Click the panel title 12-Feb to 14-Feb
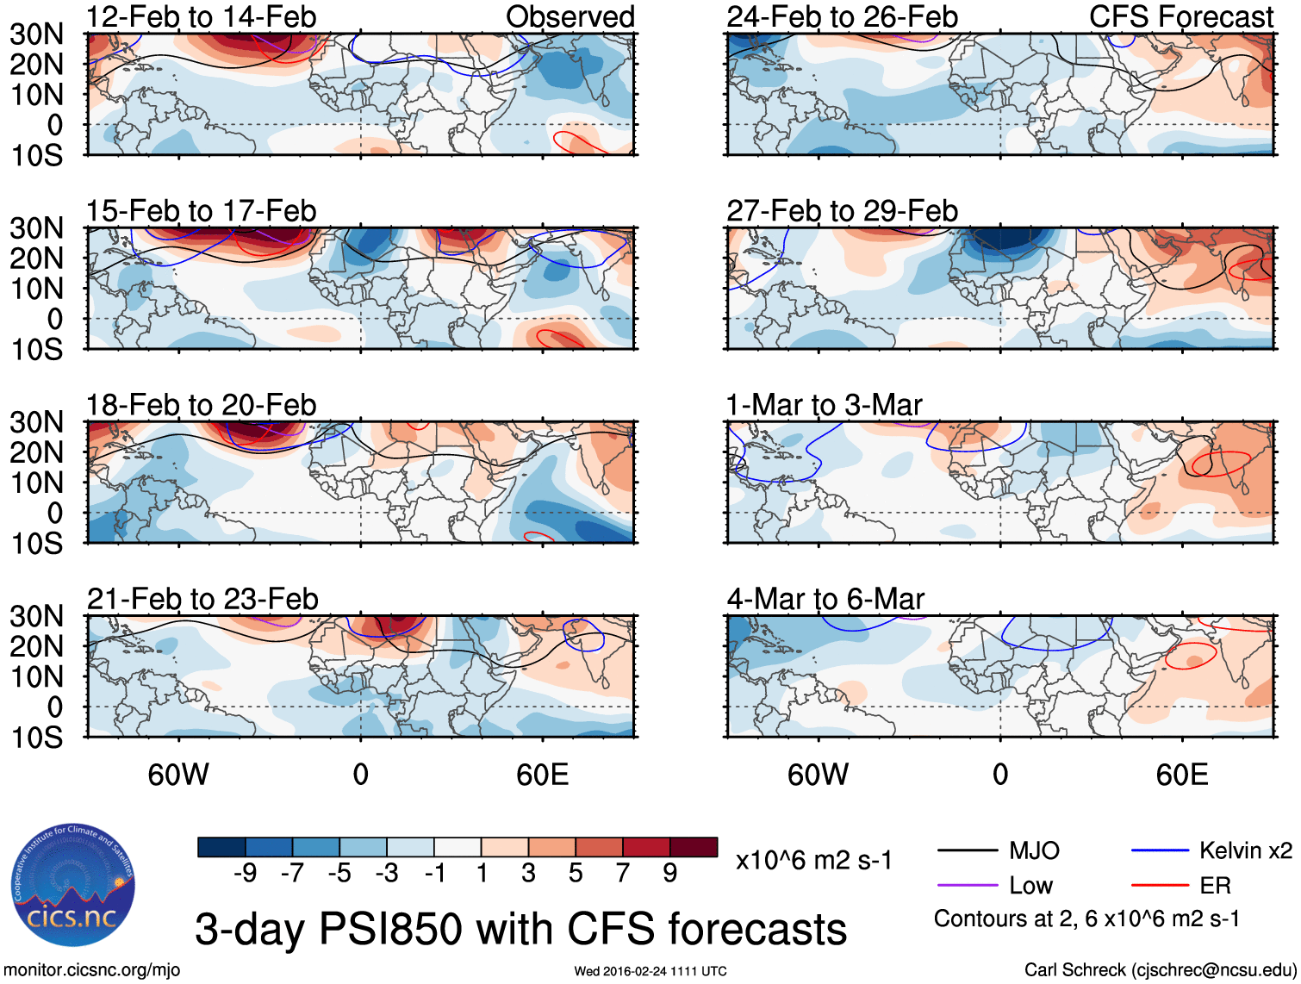[x=201, y=16]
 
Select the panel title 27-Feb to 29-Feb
[x=842, y=210]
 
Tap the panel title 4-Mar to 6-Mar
[x=825, y=598]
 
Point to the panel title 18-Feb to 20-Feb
[x=201, y=404]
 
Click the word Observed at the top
[x=570, y=16]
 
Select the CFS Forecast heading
[x=1180, y=16]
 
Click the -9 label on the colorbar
[x=245, y=873]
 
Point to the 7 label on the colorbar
[x=623, y=873]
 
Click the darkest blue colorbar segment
[x=221, y=847]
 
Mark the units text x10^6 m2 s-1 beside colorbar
[x=813, y=860]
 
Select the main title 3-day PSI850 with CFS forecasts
[x=520, y=929]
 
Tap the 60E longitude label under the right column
[x=1181, y=775]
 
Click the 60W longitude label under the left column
[x=178, y=775]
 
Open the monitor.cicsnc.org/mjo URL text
[x=92, y=970]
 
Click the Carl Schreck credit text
[x=1160, y=970]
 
